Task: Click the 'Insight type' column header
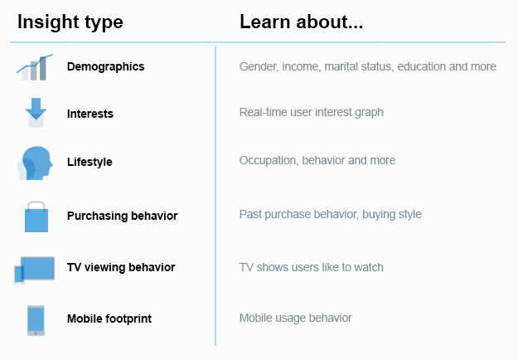click(x=70, y=22)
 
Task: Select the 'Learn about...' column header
click(x=302, y=22)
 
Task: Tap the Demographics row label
click(x=106, y=67)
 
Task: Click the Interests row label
click(x=90, y=114)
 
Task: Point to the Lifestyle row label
click(x=90, y=162)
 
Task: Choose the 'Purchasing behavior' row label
click(x=122, y=216)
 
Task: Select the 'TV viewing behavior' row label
click(x=121, y=267)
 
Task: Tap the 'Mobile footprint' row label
click(x=109, y=319)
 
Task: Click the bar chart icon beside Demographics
click(x=35, y=67)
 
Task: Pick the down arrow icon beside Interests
click(x=36, y=113)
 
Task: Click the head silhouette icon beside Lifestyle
click(x=35, y=163)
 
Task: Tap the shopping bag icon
click(x=36, y=216)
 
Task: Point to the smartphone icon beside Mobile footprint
click(x=36, y=320)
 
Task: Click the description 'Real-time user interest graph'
click(x=311, y=113)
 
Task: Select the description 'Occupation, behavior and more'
click(x=317, y=160)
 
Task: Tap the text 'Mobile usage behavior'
click(x=296, y=318)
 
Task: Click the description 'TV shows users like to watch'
click(x=312, y=267)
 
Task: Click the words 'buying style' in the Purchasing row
click(x=392, y=214)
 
